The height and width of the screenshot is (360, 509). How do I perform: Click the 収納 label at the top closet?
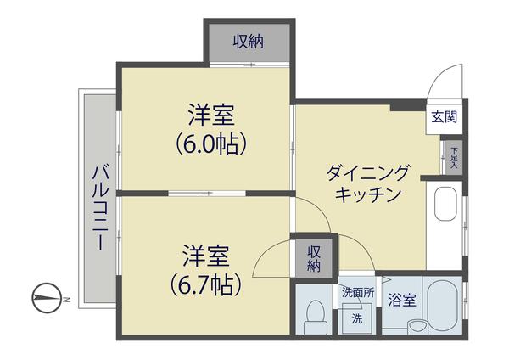(249, 41)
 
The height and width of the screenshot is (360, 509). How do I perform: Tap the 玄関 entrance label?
(444, 117)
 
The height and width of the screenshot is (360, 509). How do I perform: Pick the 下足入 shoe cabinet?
(454, 155)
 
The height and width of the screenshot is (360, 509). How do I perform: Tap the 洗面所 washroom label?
(357, 293)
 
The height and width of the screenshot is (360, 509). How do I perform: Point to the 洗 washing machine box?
(357, 318)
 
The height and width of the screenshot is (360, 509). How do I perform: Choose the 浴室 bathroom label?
(401, 300)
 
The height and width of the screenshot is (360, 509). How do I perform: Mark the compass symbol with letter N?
(48, 297)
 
